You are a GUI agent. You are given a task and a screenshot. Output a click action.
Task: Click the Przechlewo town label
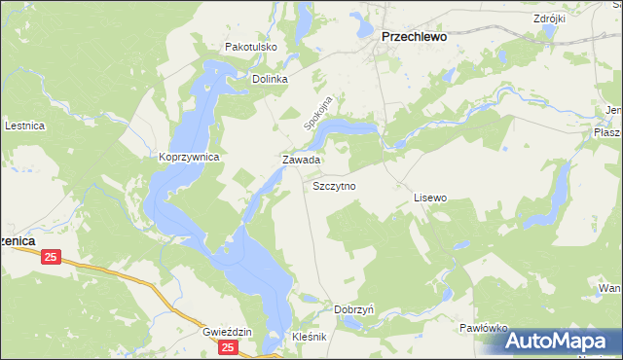pyautogui.click(x=412, y=36)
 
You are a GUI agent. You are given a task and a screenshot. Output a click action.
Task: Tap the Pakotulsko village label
pyautogui.click(x=251, y=47)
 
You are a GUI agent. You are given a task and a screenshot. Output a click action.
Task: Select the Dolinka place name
pyautogui.click(x=271, y=80)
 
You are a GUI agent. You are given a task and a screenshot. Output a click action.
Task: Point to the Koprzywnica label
pyautogui.click(x=189, y=156)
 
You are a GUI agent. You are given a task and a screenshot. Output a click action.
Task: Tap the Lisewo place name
pyautogui.click(x=429, y=198)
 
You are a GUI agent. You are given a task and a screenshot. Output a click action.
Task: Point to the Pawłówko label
pyautogui.click(x=484, y=329)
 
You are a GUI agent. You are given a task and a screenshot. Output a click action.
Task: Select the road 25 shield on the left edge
pyautogui.click(x=52, y=257)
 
